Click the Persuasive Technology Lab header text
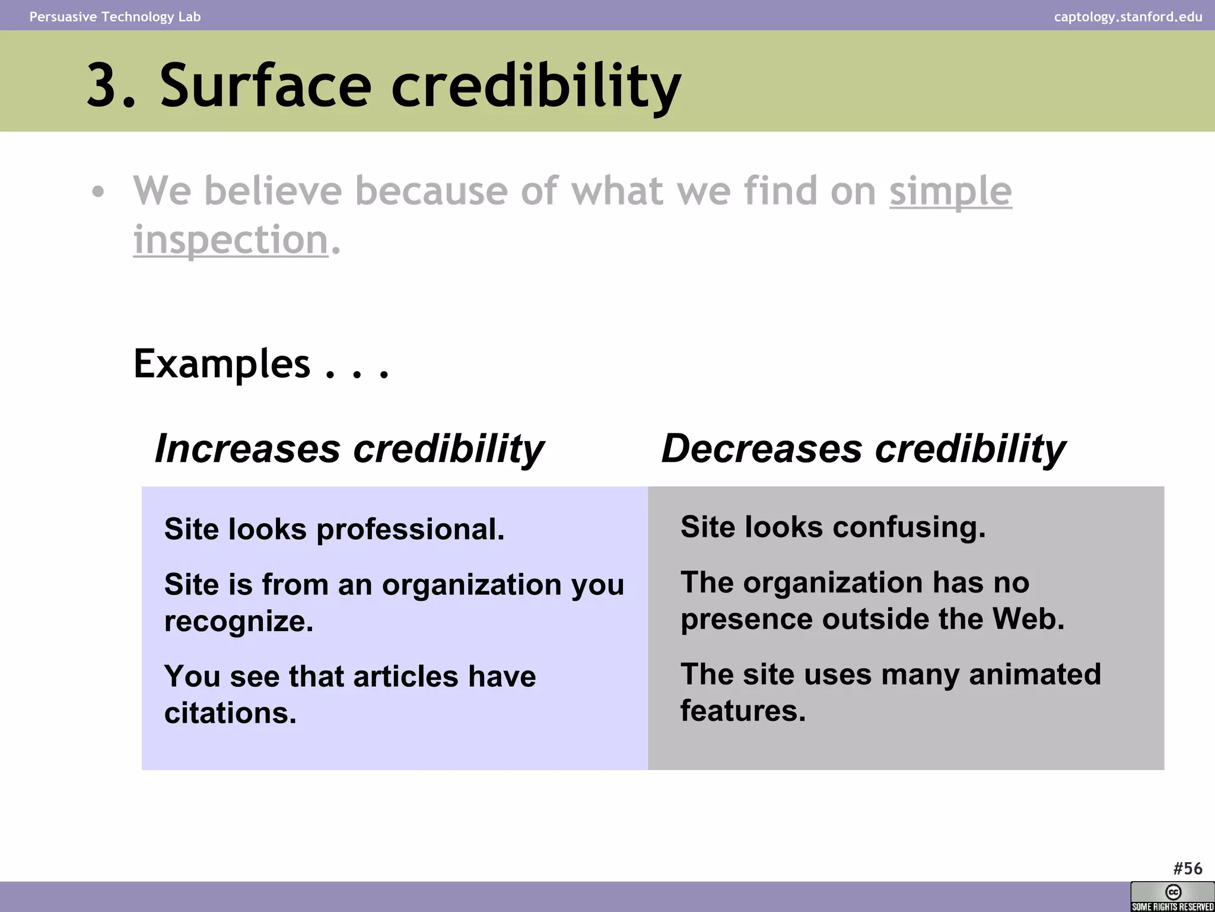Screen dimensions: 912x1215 click(x=115, y=17)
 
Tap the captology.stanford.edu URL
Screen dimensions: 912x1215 click(x=1128, y=17)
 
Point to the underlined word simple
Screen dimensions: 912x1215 click(x=950, y=191)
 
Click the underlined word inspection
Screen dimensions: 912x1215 click(x=230, y=240)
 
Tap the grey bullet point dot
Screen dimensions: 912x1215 click(x=98, y=192)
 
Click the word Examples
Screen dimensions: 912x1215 click(x=222, y=363)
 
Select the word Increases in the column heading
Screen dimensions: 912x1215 click(x=247, y=448)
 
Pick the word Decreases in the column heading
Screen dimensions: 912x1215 click(x=762, y=448)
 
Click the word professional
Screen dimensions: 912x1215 click(x=410, y=529)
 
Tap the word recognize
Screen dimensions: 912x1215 click(x=238, y=622)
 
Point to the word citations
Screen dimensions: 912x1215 click(x=230, y=713)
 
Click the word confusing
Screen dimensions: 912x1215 click(x=909, y=527)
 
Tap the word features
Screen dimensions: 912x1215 click(x=743, y=711)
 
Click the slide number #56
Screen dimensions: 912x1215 click(x=1187, y=869)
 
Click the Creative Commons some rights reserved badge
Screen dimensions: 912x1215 click(x=1172, y=897)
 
